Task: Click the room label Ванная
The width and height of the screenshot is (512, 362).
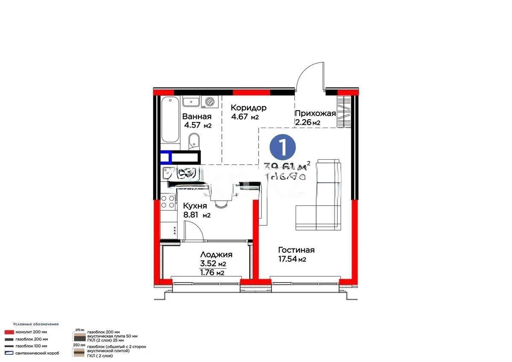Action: tap(197, 117)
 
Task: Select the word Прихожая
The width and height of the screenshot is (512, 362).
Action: tap(315, 114)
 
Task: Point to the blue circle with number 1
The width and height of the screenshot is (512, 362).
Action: tap(282, 146)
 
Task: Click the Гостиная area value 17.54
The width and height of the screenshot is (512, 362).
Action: tap(288, 259)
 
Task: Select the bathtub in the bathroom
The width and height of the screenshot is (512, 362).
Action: tap(169, 120)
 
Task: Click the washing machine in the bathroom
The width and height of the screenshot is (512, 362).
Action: tap(209, 102)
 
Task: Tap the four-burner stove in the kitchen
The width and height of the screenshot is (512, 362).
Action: tap(168, 201)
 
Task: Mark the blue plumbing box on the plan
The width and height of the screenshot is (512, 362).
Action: tap(166, 158)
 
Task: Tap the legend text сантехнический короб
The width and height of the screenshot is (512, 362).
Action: tap(37, 353)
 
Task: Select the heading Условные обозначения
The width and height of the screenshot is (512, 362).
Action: tap(35, 324)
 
